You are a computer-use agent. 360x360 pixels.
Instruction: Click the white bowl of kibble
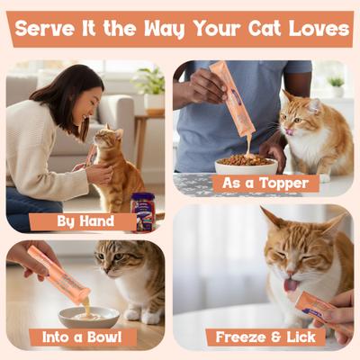(x=246, y=167)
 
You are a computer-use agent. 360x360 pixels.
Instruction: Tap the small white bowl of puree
(x=88, y=316)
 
